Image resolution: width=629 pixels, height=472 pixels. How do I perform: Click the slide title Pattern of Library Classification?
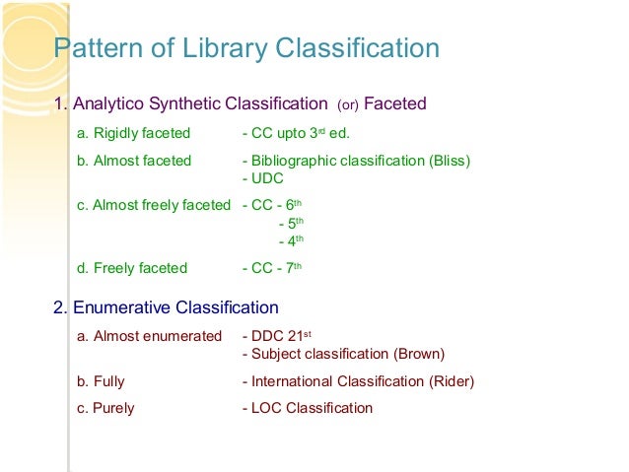[245, 48]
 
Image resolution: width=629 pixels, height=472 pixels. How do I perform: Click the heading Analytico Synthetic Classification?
[197, 103]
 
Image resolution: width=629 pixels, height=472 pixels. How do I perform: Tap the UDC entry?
[265, 178]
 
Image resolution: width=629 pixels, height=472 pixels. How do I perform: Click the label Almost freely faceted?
[153, 205]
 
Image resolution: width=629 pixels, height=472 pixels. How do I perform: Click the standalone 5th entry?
[291, 223]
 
